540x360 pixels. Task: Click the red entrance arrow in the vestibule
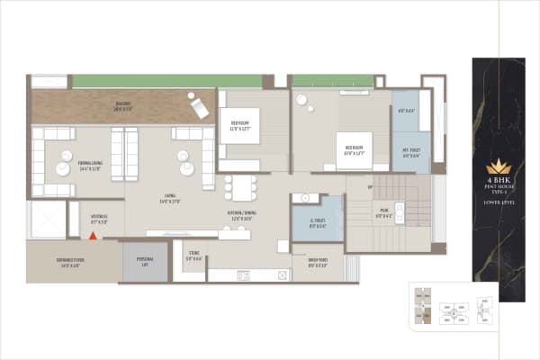coord(92,236)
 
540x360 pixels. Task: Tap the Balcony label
coord(122,105)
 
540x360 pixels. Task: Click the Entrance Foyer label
coord(71,265)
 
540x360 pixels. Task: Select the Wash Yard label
coord(317,265)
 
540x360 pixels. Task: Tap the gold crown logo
coord(498,166)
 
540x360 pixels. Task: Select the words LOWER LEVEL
coord(498,203)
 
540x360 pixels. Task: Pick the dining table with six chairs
coord(239,186)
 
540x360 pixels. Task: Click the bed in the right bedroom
coord(352,149)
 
